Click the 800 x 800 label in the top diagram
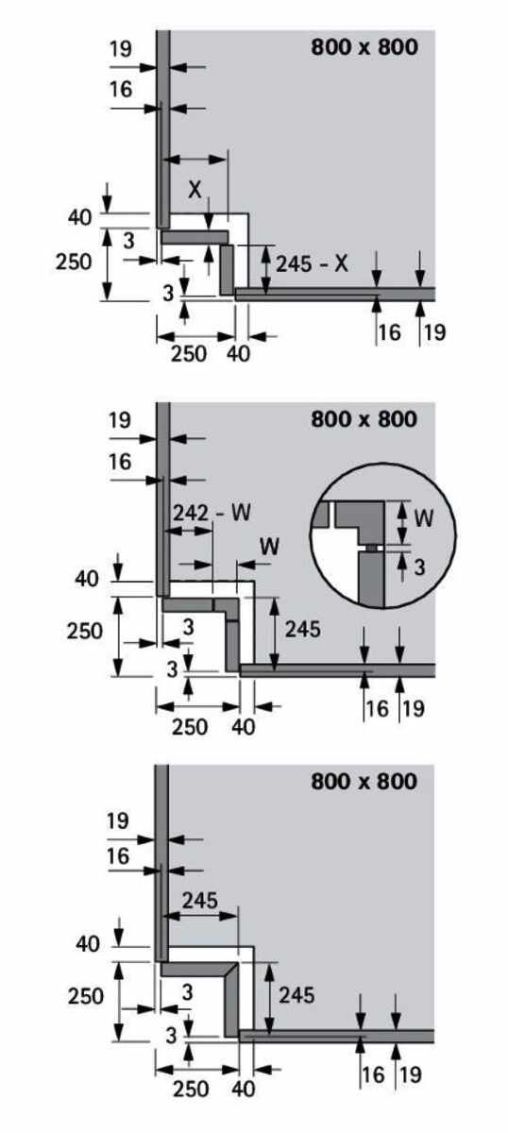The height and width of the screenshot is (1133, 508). (x=364, y=47)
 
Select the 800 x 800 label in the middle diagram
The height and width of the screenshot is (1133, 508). (x=364, y=419)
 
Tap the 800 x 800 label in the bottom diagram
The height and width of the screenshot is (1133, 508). (x=364, y=782)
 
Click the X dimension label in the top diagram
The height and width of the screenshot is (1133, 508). (x=195, y=190)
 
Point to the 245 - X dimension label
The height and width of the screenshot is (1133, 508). (x=312, y=263)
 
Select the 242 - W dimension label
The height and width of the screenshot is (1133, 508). (x=212, y=513)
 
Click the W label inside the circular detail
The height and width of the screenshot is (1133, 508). (x=424, y=518)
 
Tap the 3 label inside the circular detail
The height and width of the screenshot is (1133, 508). (x=419, y=567)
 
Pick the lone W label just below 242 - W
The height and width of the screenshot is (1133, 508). (x=269, y=547)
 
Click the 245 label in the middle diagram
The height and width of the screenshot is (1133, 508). (x=302, y=629)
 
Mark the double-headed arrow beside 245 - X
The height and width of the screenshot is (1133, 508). (x=266, y=269)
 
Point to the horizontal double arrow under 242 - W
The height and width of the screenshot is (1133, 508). (x=190, y=531)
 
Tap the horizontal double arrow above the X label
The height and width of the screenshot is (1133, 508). (x=196, y=160)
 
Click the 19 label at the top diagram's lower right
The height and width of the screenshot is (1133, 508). (x=434, y=332)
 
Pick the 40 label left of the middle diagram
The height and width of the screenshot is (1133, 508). (x=87, y=579)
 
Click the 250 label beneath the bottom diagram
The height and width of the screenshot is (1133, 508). (x=190, y=1089)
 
